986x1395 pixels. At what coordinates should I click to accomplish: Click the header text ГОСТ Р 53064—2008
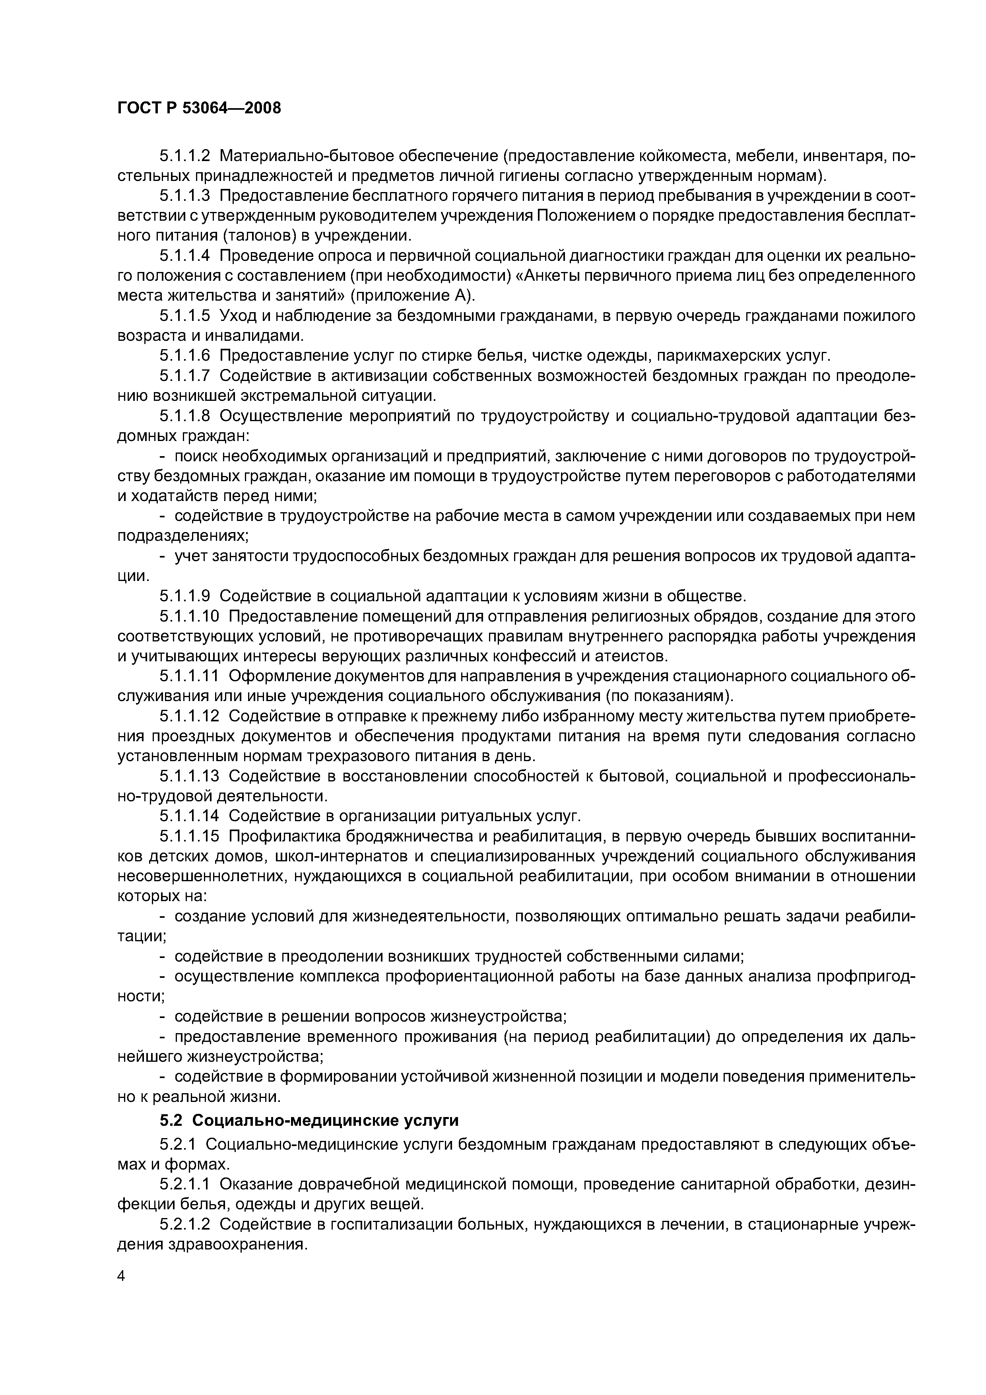click(x=199, y=109)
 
